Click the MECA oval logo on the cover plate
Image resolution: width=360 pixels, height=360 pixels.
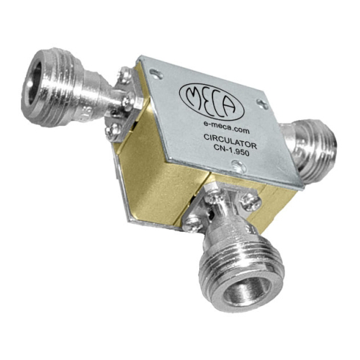click(212, 102)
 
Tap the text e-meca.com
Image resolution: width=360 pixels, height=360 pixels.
click(226, 127)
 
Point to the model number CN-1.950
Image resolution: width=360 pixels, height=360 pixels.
click(231, 151)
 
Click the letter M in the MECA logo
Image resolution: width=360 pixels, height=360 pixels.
click(194, 95)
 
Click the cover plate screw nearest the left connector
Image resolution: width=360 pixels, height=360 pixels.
click(156, 73)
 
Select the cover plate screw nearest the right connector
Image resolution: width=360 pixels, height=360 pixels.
click(262, 104)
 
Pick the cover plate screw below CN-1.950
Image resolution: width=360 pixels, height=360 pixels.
click(239, 166)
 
